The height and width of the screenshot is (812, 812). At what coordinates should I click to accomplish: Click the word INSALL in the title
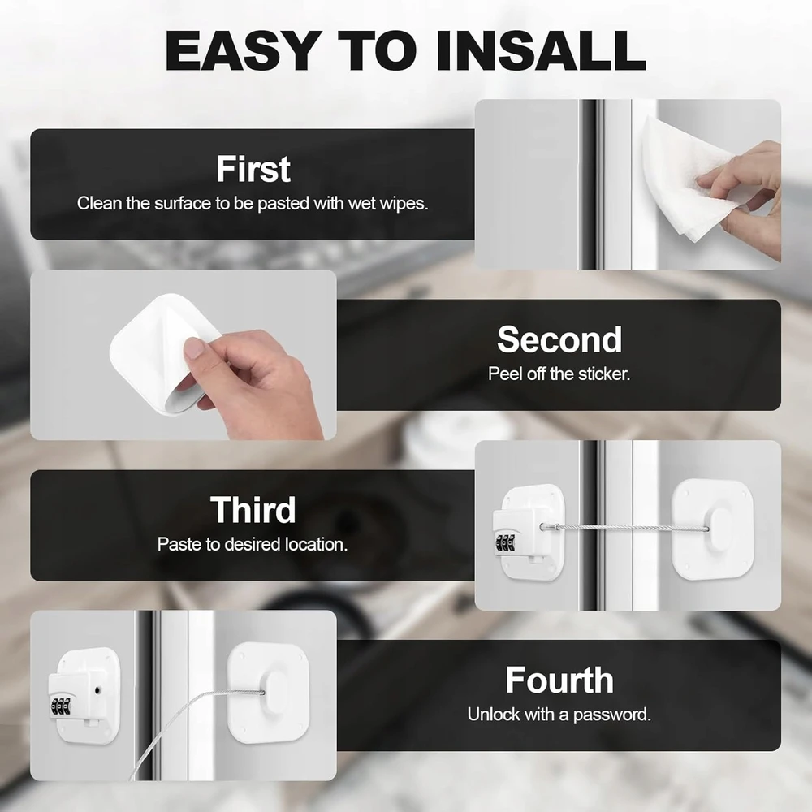point(541,50)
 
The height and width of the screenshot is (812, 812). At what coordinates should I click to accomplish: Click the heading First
point(253,169)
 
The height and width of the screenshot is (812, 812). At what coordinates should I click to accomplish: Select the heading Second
point(559,339)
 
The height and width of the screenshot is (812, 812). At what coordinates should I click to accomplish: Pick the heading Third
point(253,510)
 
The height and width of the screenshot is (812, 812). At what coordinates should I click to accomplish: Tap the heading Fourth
point(559,680)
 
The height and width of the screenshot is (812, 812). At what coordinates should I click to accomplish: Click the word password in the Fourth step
point(612,715)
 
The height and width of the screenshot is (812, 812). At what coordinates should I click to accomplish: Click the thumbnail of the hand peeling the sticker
point(184,355)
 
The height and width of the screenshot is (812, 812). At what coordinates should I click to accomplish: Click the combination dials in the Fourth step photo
point(60,706)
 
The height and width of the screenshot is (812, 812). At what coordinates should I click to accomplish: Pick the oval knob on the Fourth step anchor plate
point(277,692)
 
